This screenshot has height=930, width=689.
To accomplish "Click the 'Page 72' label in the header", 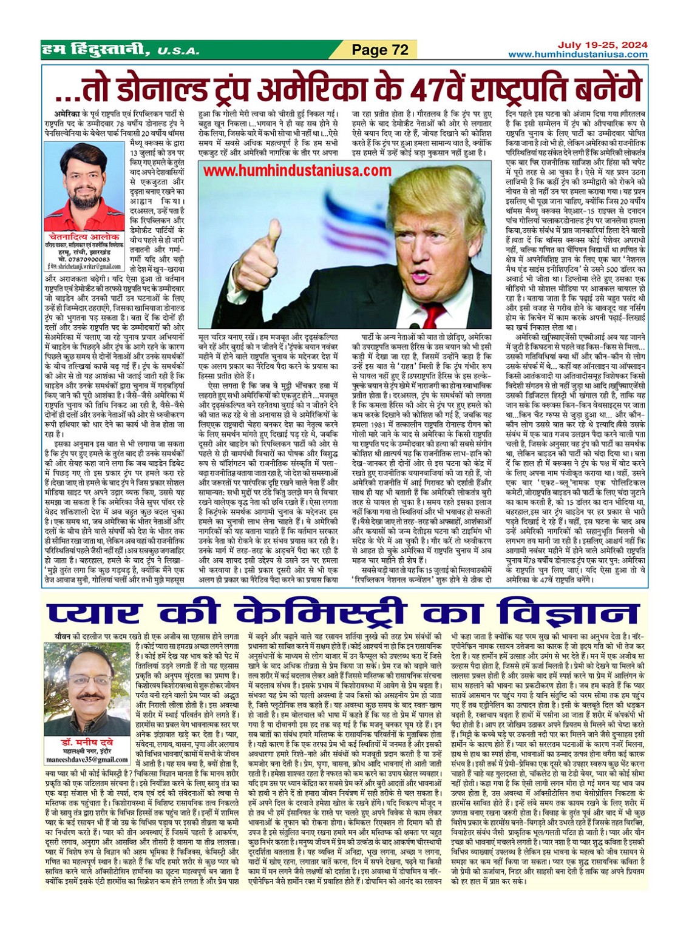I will click(x=380, y=50).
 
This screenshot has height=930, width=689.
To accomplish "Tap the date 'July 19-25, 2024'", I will click(x=603, y=45).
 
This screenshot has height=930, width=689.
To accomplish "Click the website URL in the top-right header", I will click(x=577, y=55).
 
